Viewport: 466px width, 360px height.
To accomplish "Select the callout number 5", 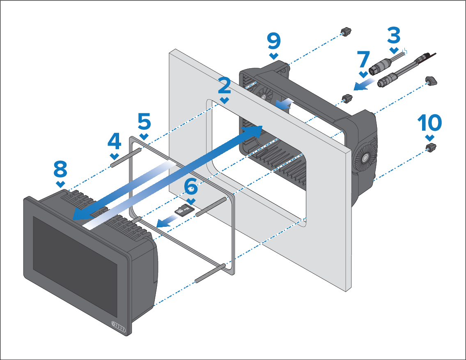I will click(x=144, y=121).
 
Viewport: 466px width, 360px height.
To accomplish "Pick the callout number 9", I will click(x=274, y=41).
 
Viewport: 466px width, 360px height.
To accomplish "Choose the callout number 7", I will click(x=363, y=60).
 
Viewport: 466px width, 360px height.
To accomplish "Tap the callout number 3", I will click(x=394, y=36).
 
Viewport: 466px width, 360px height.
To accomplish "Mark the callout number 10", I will click(x=429, y=122).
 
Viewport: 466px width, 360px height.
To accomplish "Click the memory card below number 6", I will click(x=181, y=211).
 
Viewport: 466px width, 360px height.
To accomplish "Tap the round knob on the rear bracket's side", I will click(x=363, y=158).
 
